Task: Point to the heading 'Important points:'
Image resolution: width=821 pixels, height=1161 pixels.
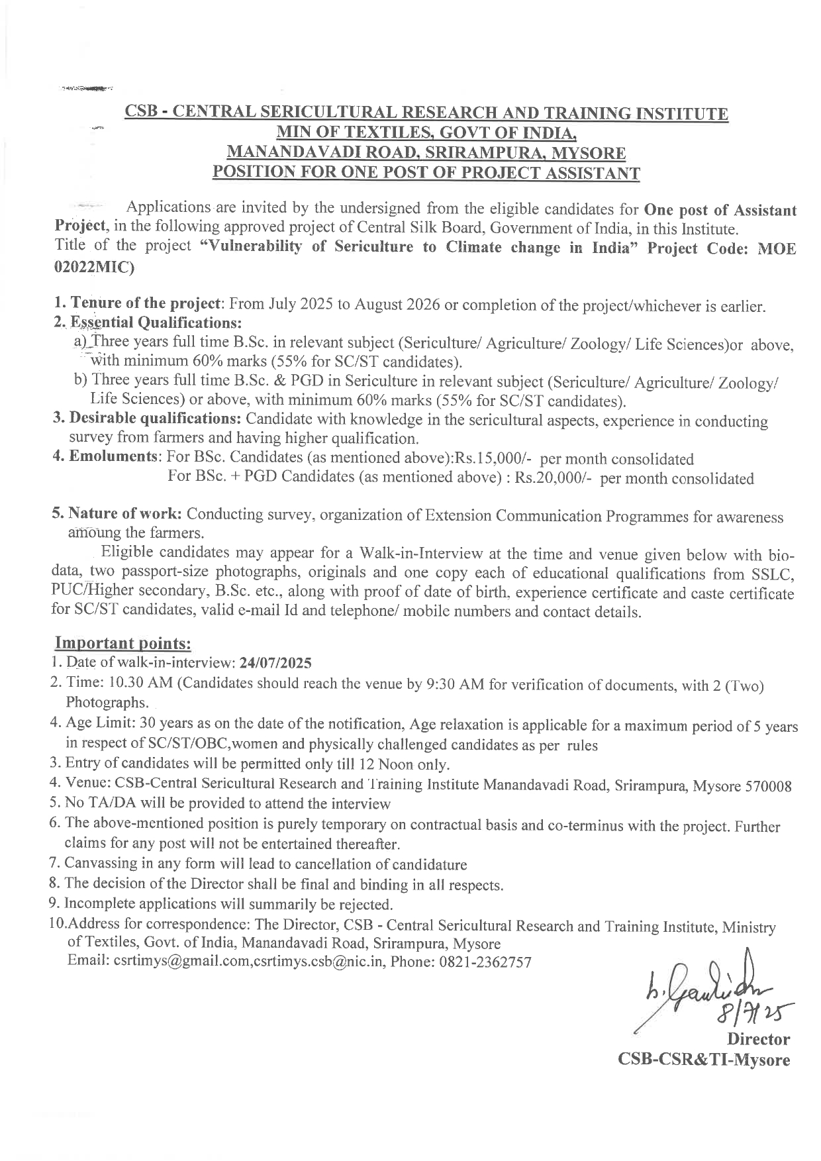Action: (x=123, y=643)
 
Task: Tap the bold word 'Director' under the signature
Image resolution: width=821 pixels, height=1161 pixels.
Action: (x=758, y=1039)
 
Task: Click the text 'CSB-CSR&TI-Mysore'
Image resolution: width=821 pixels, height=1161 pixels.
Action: (x=704, y=1060)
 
